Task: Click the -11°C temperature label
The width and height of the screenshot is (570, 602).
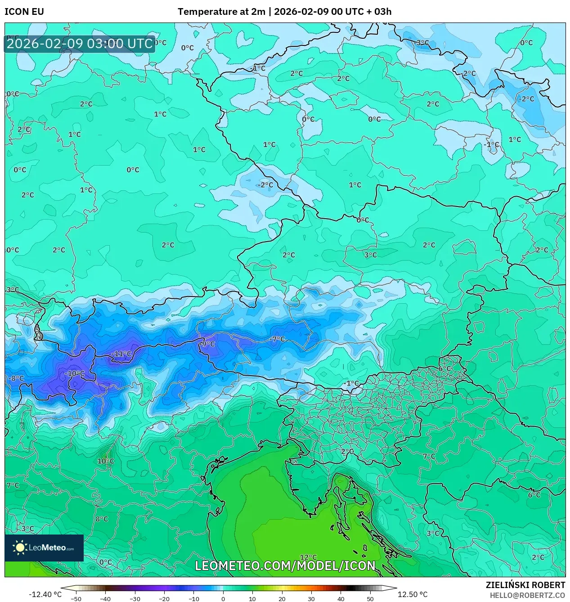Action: pyautogui.click(x=121, y=354)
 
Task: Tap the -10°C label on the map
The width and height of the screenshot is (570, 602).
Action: pyautogui.click(x=74, y=373)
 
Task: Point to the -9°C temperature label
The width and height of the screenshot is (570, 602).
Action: pyautogui.click(x=207, y=344)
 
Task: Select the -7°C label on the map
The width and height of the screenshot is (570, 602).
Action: pyautogui.click(x=278, y=339)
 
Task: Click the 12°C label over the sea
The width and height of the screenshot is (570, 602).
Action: pyautogui.click(x=308, y=557)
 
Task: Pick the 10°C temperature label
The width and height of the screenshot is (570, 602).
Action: pyautogui.click(x=106, y=461)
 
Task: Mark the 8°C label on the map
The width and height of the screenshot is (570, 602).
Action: pyautogui.click(x=102, y=519)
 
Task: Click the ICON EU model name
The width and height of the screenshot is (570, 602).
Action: pyautogui.click(x=24, y=12)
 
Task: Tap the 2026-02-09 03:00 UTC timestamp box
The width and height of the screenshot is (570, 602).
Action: pyautogui.click(x=80, y=44)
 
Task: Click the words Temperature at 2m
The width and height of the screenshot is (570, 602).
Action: pyautogui.click(x=221, y=12)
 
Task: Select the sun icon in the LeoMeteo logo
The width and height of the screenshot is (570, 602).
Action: pyautogui.click(x=20, y=548)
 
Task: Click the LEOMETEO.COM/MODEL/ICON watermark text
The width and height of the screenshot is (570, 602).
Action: pyautogui.click(x=285, y=566)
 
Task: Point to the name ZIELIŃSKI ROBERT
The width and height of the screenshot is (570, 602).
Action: pyautogui.click(x=525, y=585)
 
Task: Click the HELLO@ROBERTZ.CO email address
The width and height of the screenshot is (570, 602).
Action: pyautogui.click(x=527, y=595)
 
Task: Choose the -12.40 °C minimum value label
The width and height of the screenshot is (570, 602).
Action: pyautogui.click(x=45, y=594)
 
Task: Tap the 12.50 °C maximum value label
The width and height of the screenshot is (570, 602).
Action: pyautogui.click(x=413, y=594)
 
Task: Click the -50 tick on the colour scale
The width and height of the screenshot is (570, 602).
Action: pyautogui.click(x=76, y=599)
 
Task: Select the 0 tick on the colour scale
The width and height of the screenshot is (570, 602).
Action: pyautogui.click(x=223, y=599)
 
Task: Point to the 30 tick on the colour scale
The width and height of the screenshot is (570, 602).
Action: pyautogui.click(x=311, y=599)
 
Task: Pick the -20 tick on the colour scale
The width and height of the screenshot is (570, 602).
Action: pyautogui.click(x=164, y=599)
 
